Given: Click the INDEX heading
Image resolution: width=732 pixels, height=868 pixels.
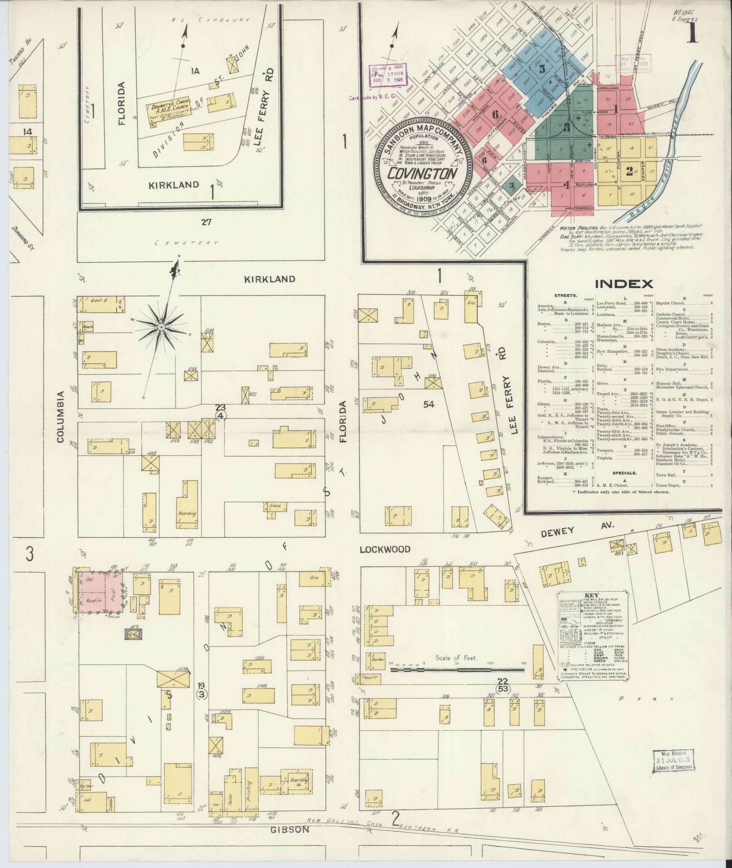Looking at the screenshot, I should click(624, 284).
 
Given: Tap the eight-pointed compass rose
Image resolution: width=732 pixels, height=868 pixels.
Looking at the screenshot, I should click(161, 327).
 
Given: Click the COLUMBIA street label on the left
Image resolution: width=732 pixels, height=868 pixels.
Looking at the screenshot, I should click(61, 416).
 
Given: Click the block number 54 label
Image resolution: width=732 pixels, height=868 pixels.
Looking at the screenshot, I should click(429, 404).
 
